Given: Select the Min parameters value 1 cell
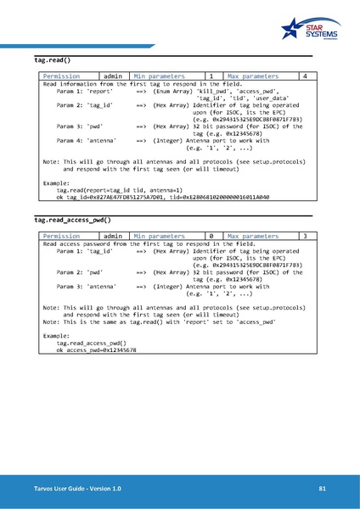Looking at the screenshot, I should (211, 76).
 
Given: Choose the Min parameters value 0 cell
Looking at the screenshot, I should (211, 235).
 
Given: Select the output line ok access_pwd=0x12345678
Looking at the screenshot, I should (96, 350).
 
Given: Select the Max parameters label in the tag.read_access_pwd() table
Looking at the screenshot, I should (253, 235).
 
